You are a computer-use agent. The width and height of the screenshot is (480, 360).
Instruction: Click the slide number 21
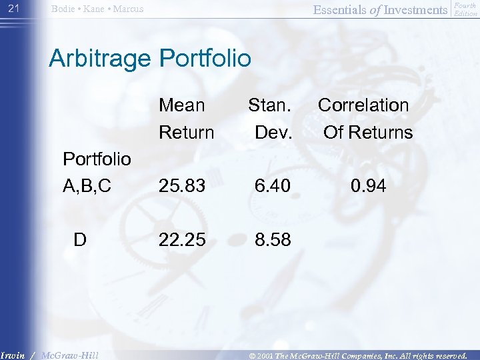[x=13, y=8]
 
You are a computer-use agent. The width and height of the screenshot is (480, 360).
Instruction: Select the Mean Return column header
[x=185, y=119]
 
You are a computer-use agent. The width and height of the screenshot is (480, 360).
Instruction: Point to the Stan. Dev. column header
[x=271, y=119]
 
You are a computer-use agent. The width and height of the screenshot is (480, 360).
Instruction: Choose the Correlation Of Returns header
[x=365, y=119]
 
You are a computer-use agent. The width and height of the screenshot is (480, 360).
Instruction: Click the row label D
[x=80, y=239]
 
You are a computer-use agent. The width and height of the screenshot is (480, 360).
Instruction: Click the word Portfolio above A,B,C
[x=97, y=159]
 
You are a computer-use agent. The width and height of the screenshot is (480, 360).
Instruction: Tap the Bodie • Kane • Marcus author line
[x=98, y=9]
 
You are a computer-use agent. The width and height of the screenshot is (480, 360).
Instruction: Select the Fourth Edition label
[x=465, y=9]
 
